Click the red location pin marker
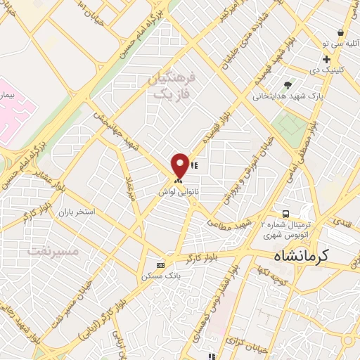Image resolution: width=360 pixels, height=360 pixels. coord(180,165)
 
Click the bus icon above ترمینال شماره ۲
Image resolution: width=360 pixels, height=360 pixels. coord(285,212)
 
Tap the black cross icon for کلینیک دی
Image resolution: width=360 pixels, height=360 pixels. coord(327,59)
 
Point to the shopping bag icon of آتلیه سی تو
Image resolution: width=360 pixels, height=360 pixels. coord(341,32)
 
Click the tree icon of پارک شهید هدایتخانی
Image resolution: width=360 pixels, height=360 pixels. coord(288,84)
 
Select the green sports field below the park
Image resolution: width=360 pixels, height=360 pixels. coord(291,125)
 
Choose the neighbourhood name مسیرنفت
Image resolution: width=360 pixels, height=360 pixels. coord(49,250)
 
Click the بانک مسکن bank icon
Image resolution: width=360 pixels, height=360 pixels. coord(161,265)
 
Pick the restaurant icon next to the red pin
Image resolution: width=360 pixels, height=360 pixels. coord(194,166)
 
